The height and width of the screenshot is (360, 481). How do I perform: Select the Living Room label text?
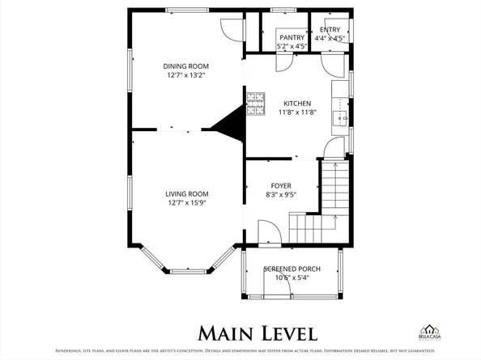[x=187, y=193]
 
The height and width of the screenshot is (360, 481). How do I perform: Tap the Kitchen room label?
[x=296, y=103]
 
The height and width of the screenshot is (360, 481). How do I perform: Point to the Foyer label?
[x=281, y=185]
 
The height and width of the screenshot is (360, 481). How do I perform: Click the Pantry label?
[x=292, y=37]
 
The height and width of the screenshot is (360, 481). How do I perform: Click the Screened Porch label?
[x=292, y=269]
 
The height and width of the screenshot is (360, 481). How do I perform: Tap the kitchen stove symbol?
[x=256, y=103]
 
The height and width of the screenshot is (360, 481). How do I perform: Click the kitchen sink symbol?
[x=342, y=118]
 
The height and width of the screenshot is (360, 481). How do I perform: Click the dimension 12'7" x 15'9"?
[x=187, y=203]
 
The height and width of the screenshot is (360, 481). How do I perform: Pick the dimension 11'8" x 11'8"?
[x=296, y=112]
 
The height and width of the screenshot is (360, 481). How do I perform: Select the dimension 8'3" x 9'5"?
[x=281, y=195]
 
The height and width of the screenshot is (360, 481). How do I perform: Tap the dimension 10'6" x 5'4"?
[x=292, y=277]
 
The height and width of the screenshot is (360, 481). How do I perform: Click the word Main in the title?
[x=228, y=332]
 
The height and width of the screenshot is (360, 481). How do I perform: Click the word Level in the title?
[x=287, y=332]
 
